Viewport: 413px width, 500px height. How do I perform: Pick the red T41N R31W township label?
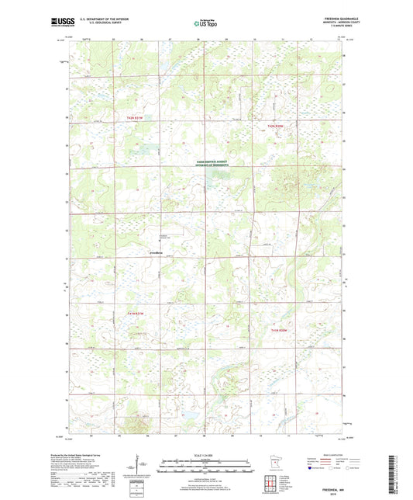136,312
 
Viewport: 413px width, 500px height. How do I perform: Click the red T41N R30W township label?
284,331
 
